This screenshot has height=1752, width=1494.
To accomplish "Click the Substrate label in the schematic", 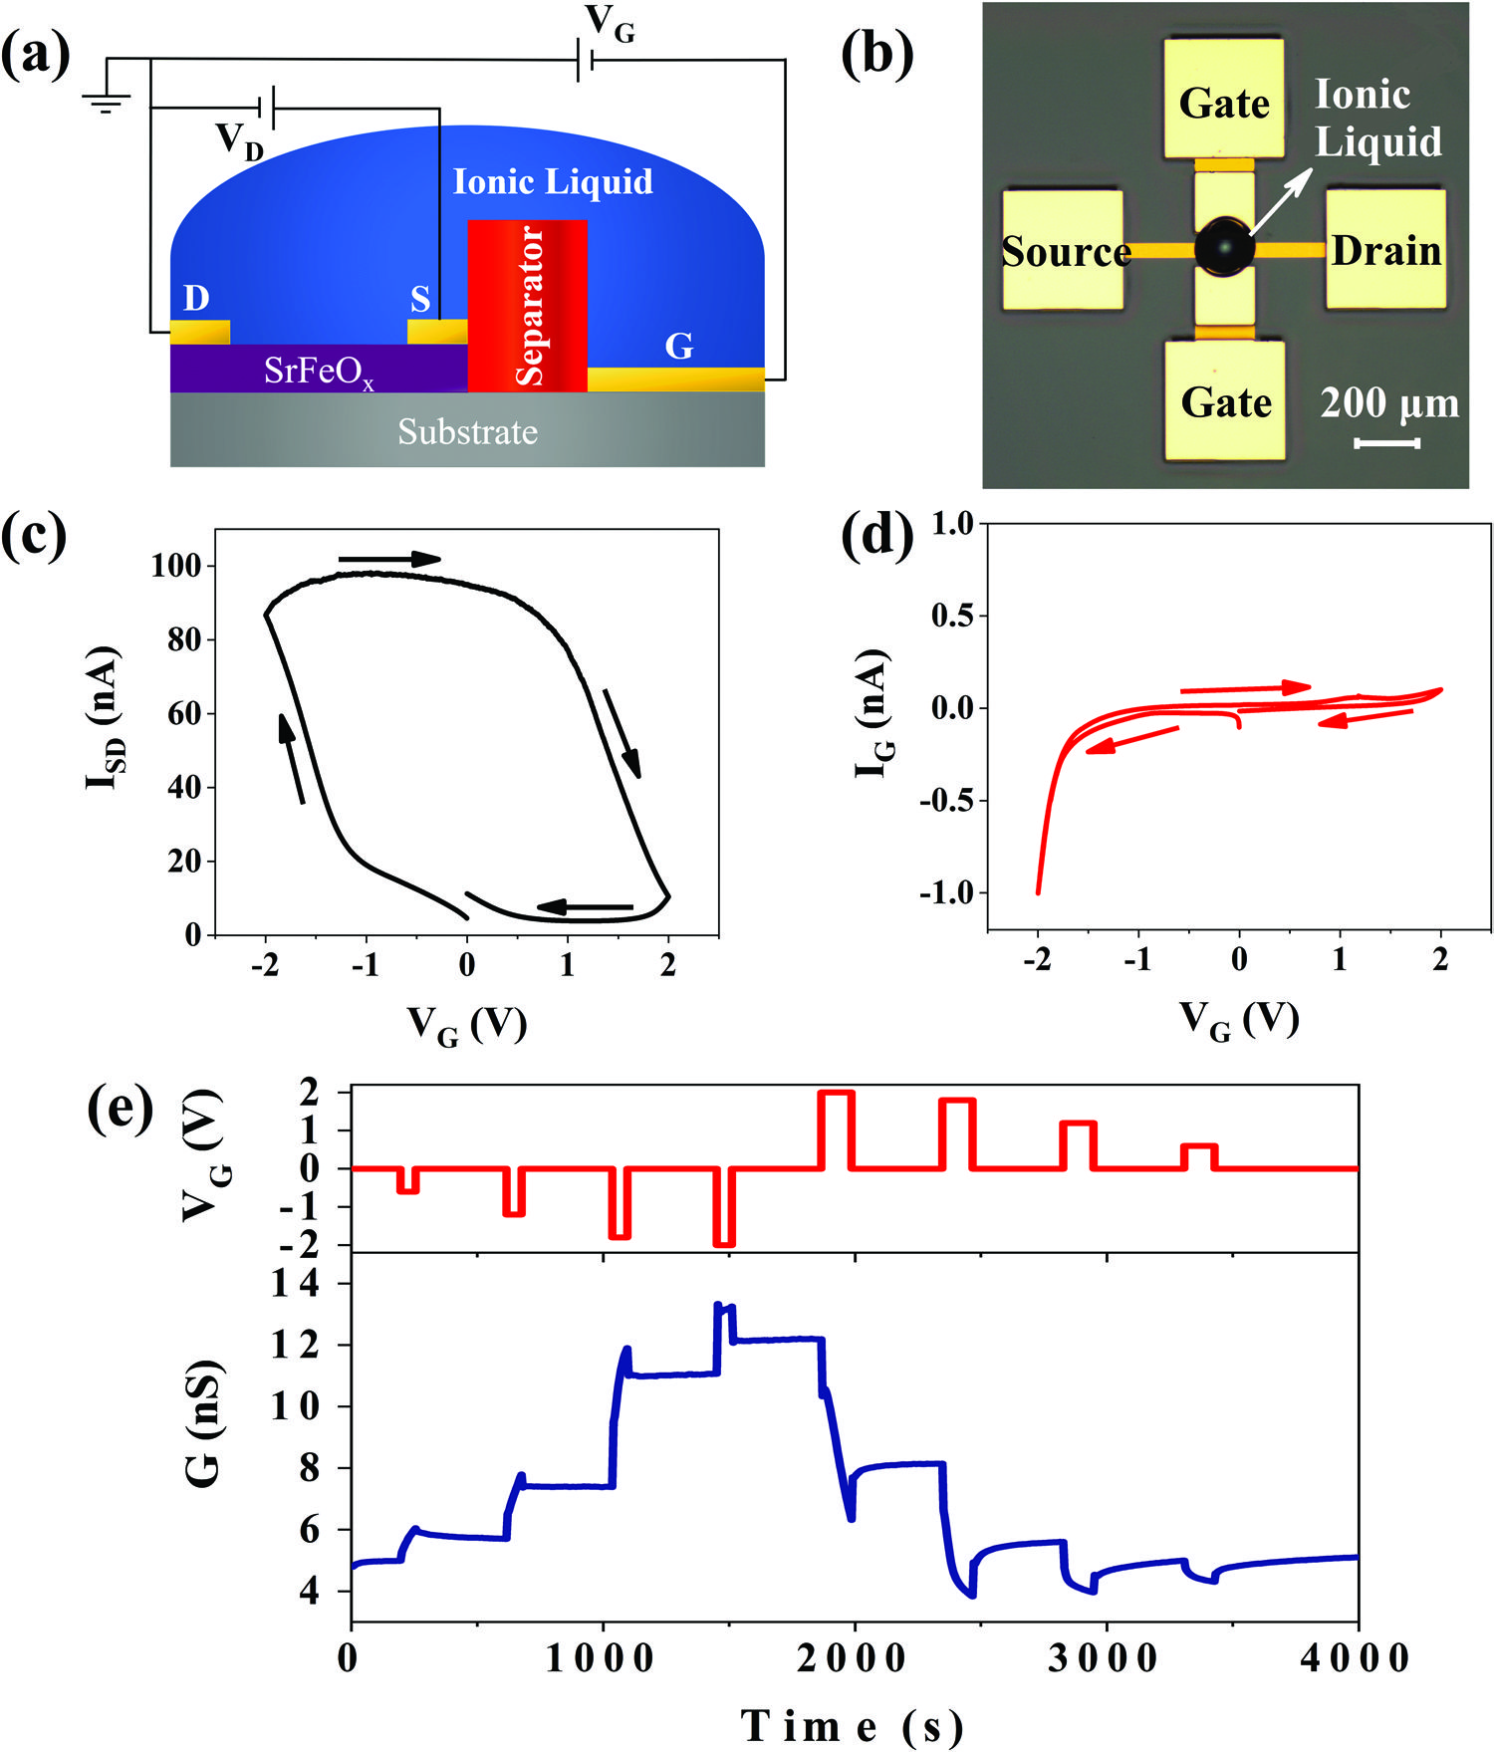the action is click(468, 432).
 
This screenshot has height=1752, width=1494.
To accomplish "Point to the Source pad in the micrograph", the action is click(1063, 250).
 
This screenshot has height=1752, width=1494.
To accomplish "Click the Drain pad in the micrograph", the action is click(1385, 250).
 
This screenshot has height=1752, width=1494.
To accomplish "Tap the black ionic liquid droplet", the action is click(1224, 246).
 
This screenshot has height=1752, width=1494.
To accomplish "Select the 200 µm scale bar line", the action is click(1387, 443).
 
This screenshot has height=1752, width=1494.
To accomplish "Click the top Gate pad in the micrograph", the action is click(1224, 98).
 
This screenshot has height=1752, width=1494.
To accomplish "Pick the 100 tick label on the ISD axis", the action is click(176, 566).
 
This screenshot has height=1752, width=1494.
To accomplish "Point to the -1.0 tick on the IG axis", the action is click(946, 892).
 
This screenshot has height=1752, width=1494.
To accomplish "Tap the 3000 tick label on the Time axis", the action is click(1106, 1658).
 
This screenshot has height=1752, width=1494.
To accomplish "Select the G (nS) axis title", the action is click(204, 1424).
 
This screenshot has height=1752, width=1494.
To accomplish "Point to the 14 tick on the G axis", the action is click(297, 1285).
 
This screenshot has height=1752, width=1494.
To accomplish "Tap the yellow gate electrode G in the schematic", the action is click(676, 379).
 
